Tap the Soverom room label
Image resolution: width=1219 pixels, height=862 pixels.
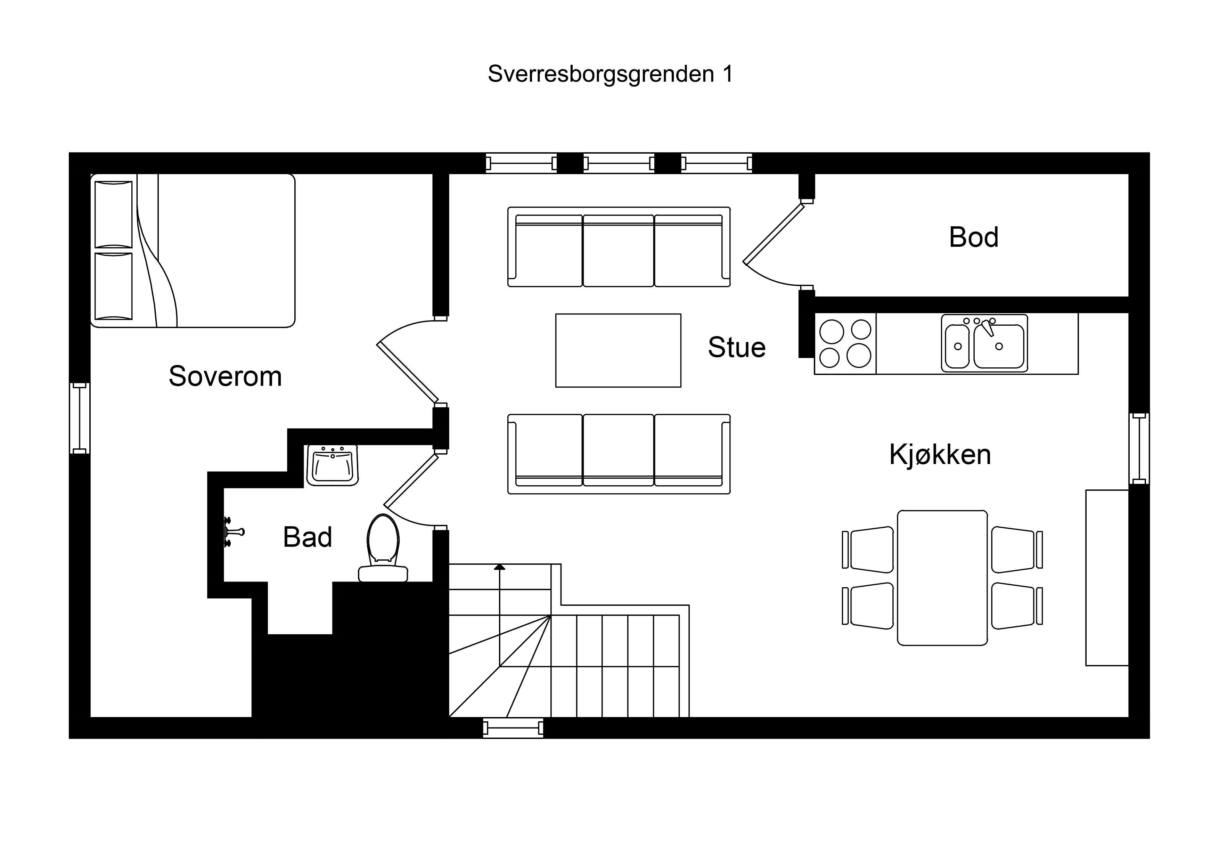coord(225,376)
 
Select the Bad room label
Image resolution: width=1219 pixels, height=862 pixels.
coord(308,537)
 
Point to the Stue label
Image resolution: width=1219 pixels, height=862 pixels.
coord(737,347)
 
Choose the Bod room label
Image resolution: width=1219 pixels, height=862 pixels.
coord(974,237)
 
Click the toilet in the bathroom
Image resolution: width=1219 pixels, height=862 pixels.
coord(383,547)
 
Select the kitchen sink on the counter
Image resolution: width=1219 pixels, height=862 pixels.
coord(984,343)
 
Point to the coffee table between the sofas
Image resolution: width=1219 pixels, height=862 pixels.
coord(618,351)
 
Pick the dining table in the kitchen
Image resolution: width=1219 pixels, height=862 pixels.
coord(942,578)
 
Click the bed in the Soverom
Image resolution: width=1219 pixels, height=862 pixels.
coord(193,250)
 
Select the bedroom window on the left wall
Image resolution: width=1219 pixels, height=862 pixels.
coord(80,418)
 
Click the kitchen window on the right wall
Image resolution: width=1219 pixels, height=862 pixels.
coord(1139,449)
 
